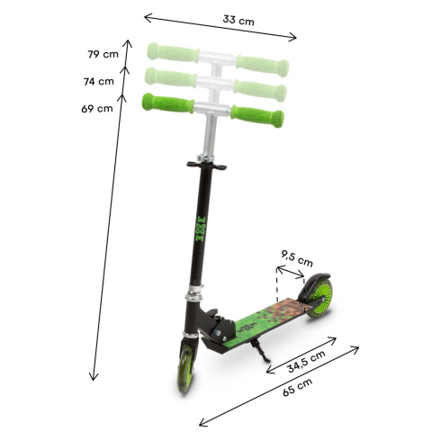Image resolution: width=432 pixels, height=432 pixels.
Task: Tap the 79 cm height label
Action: coord(103,54)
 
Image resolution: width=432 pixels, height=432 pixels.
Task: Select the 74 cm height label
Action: coord(98,81)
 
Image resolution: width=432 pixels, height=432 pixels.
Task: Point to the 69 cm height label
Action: coord(97,109)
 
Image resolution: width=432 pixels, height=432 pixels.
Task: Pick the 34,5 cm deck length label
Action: coord(307,365)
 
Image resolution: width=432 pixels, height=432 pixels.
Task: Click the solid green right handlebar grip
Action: coord(257,115)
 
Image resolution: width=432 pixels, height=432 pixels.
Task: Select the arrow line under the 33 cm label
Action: coord(220,27)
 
